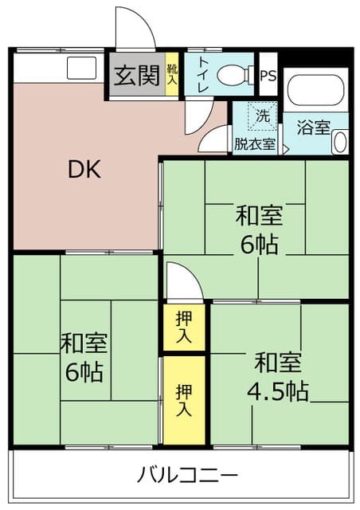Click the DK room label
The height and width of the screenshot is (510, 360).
click(84, 169)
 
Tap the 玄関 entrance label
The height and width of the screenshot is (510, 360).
click(137, 75)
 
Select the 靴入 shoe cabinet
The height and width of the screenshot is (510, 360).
click(172, 74)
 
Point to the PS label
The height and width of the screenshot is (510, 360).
click(268, 76)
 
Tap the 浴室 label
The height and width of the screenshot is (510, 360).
click(314, 127)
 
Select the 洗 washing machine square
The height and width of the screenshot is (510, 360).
click(263, 116)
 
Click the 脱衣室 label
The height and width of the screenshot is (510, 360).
click(255, 143)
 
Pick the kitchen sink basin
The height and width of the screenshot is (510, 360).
click(81, 68)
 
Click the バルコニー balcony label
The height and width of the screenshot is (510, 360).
click(188, 475)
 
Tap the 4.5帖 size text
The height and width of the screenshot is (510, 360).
click(277, 391)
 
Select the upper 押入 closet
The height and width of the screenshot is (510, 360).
click(184, 327)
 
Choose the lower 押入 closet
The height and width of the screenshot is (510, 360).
click(184, 400)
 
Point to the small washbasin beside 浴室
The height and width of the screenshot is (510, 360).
click(340, 142)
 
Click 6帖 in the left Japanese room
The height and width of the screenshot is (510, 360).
click(84, 372)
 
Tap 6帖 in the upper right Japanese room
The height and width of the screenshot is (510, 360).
click(259, 245)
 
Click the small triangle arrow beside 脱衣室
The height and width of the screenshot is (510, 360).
click(286, 150)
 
